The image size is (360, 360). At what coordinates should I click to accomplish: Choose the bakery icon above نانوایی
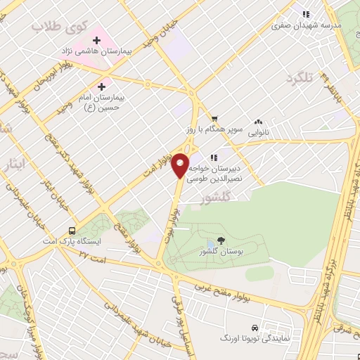tap(259, 121)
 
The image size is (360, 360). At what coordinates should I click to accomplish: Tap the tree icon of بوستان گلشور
tap(221, 240)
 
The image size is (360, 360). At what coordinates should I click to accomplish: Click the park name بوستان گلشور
tap(221, 252)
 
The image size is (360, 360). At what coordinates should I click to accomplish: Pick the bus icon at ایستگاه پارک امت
tap(72, 230)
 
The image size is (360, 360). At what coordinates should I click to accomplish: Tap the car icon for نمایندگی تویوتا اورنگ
tap(255, 328)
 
